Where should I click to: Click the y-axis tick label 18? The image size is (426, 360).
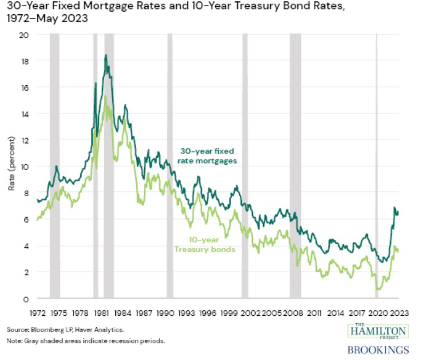click(26, 61)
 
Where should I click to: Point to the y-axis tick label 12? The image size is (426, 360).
click(26, 140)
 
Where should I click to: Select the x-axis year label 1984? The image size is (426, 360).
click(123, 312)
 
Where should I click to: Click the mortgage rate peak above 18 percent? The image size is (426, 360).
click(105, 56)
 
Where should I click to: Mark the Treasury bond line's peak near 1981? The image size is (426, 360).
click(105, 96)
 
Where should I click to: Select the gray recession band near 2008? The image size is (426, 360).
click(295, 166)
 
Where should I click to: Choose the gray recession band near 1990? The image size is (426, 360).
click(170, 166)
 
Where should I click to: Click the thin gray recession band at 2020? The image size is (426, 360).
click(376, 166)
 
